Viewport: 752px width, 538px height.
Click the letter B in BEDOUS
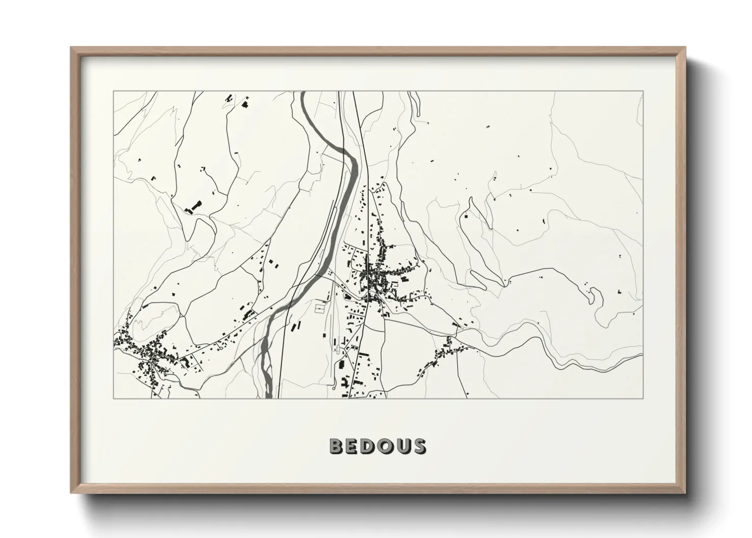click(337, 446)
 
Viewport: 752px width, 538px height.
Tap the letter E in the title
click(354, 446)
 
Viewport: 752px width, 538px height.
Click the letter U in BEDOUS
click(403, 446)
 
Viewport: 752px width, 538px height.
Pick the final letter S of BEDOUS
click(419, 446)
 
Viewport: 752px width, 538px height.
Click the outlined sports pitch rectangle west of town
click(320, 308)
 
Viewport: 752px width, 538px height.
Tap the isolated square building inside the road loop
click(465, 216)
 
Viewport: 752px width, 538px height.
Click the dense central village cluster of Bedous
click(375, 277)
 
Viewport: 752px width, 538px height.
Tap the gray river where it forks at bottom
click(265, 351)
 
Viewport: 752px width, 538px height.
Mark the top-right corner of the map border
click(643, 92)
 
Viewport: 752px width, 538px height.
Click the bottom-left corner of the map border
click(114, 398)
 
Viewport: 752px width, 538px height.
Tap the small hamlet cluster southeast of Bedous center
click(445, 351)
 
